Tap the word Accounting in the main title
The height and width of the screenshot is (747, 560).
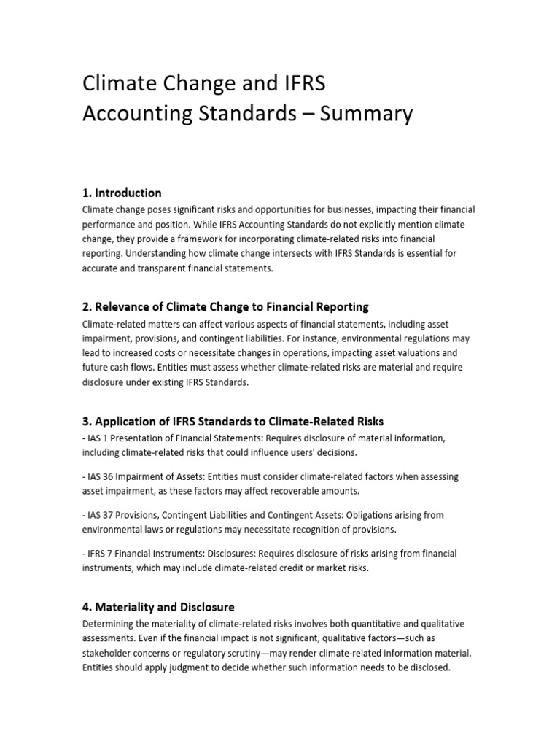pyautogui.click(x=143, y=114)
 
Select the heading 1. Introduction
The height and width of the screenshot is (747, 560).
pyautogui.click(x=122, y=193)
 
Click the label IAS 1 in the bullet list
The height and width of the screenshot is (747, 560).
pyautogui.click(x=98, y=438)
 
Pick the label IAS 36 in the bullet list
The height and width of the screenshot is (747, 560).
pyautogui.click(x=101, y=476)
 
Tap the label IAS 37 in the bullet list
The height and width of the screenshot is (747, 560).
pyautogui.click(x=101, y=515)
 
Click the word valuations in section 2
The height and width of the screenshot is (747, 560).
pyautogui.click(x=418, y=352)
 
